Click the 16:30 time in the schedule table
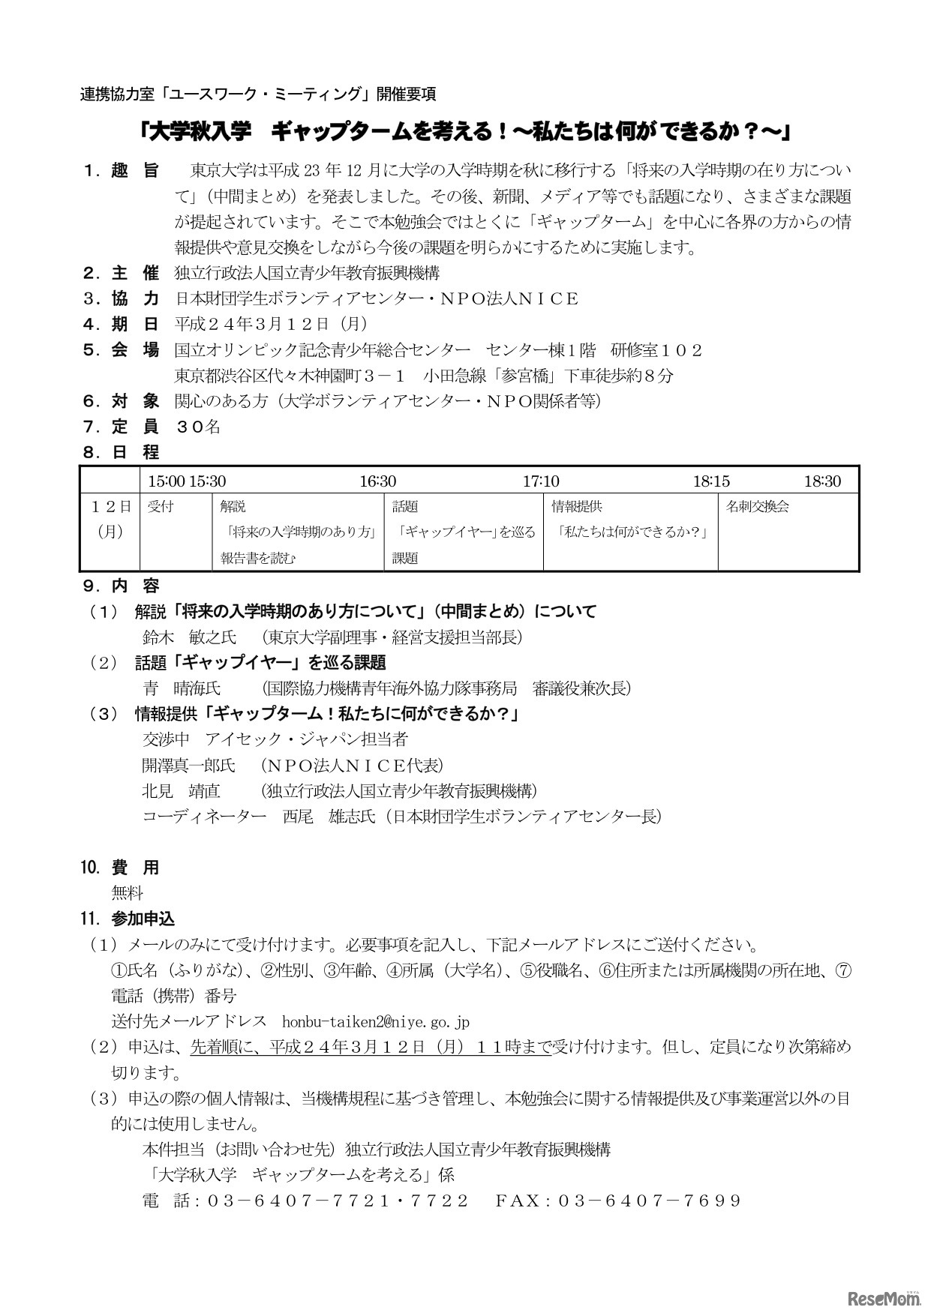pyautogui.click(x=377, y=481)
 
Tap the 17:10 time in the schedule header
pyautogui.click(x=540, y=481)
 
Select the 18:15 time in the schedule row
pyautogui.click(x=710, y=481)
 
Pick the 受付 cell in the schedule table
pyautogui.click(x=161, y=507)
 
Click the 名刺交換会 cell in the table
pyautogui.click(x=758, y=507)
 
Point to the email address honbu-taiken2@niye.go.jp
pyautogui.click(x=375, y=1021)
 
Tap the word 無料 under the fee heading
pyautogui.click(x=128, y=893)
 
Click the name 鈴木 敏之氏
pyautogui.click(x=189, y=637)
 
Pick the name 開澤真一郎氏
pyautogui.click(x=189, y=766)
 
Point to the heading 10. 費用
pyautogui.click(x=120, y=868)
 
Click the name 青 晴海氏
pyautogui.click(x=182, y=688)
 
